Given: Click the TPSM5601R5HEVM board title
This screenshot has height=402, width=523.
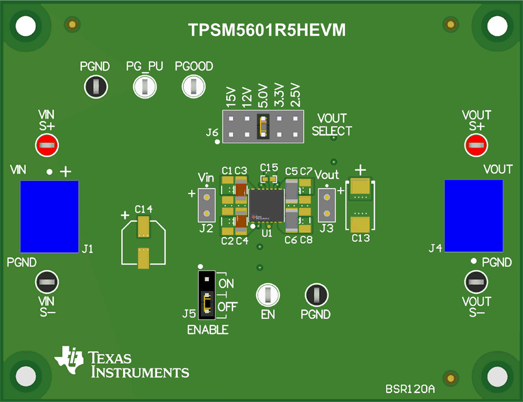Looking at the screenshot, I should [267, 30].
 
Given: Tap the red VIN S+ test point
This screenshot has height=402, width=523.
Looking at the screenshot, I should [47, 145].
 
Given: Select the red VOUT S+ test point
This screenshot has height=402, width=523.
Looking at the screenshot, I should [476, 145].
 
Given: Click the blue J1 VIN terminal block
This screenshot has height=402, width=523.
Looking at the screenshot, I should [50, 216].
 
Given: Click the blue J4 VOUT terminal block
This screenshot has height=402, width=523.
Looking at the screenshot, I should [473, 216].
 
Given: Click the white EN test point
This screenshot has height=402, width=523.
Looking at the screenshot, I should [268, 294].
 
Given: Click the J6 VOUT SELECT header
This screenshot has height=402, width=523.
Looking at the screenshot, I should [263, 125].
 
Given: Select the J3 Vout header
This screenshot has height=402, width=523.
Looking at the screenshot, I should [326, 205].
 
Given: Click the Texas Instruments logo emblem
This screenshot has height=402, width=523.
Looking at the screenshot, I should [69, 360].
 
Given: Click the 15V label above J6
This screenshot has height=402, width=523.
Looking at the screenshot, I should [231, 96].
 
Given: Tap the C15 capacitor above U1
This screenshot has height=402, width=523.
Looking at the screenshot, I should [270, 178].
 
